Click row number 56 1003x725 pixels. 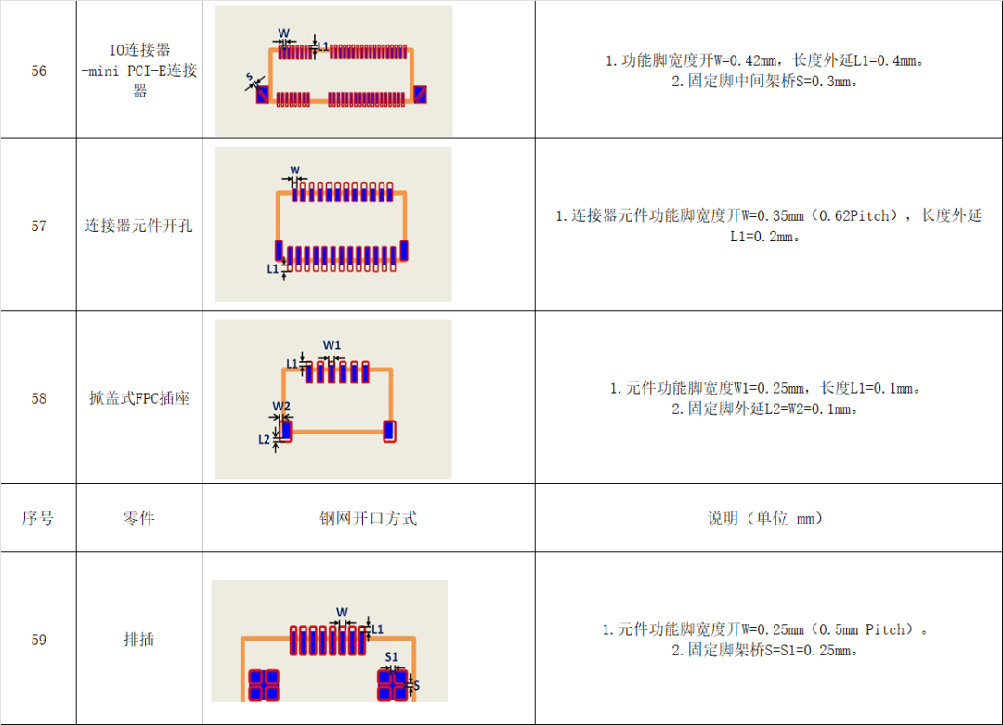point(38,71)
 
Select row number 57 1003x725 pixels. point(38,226)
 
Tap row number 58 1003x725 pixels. point(38,398)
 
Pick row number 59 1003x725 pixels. point(38,640)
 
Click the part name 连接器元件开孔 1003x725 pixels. point(139,226)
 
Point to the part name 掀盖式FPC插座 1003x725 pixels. point(139,398)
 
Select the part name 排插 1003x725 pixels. point(139,640)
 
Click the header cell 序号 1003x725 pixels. point(38,518)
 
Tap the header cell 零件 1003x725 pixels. point(139,518)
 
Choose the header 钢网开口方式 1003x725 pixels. point(369,518)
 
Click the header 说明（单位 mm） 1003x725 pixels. point(767,518)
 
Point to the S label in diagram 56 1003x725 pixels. point(249,77)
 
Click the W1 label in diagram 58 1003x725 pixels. point(332,345)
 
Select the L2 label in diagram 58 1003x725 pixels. point(265,439)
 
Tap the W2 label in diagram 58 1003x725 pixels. point(281,407)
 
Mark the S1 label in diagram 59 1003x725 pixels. point(392,657)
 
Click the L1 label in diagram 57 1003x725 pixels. point(273,268)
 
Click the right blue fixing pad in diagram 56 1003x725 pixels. point(420,96)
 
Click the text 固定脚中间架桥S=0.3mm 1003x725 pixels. point(767,81)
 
